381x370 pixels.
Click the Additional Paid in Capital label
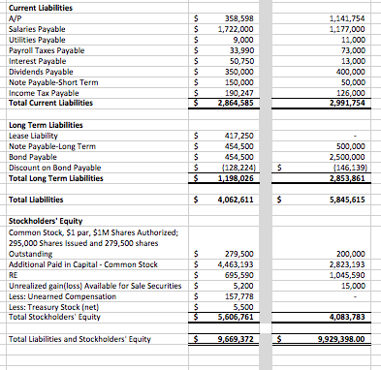coord(75,263)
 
